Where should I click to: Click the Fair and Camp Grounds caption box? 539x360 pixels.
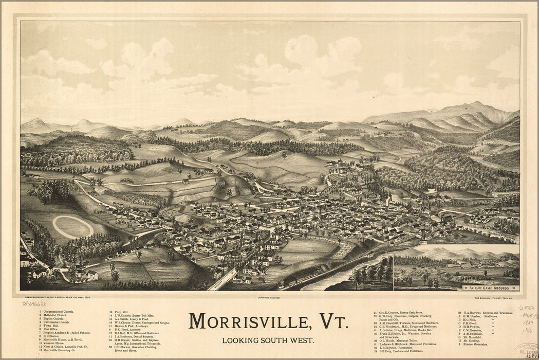coord(491,287)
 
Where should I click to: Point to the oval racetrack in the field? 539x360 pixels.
coord(73,227)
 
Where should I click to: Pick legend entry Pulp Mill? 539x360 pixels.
coord(119,312)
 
